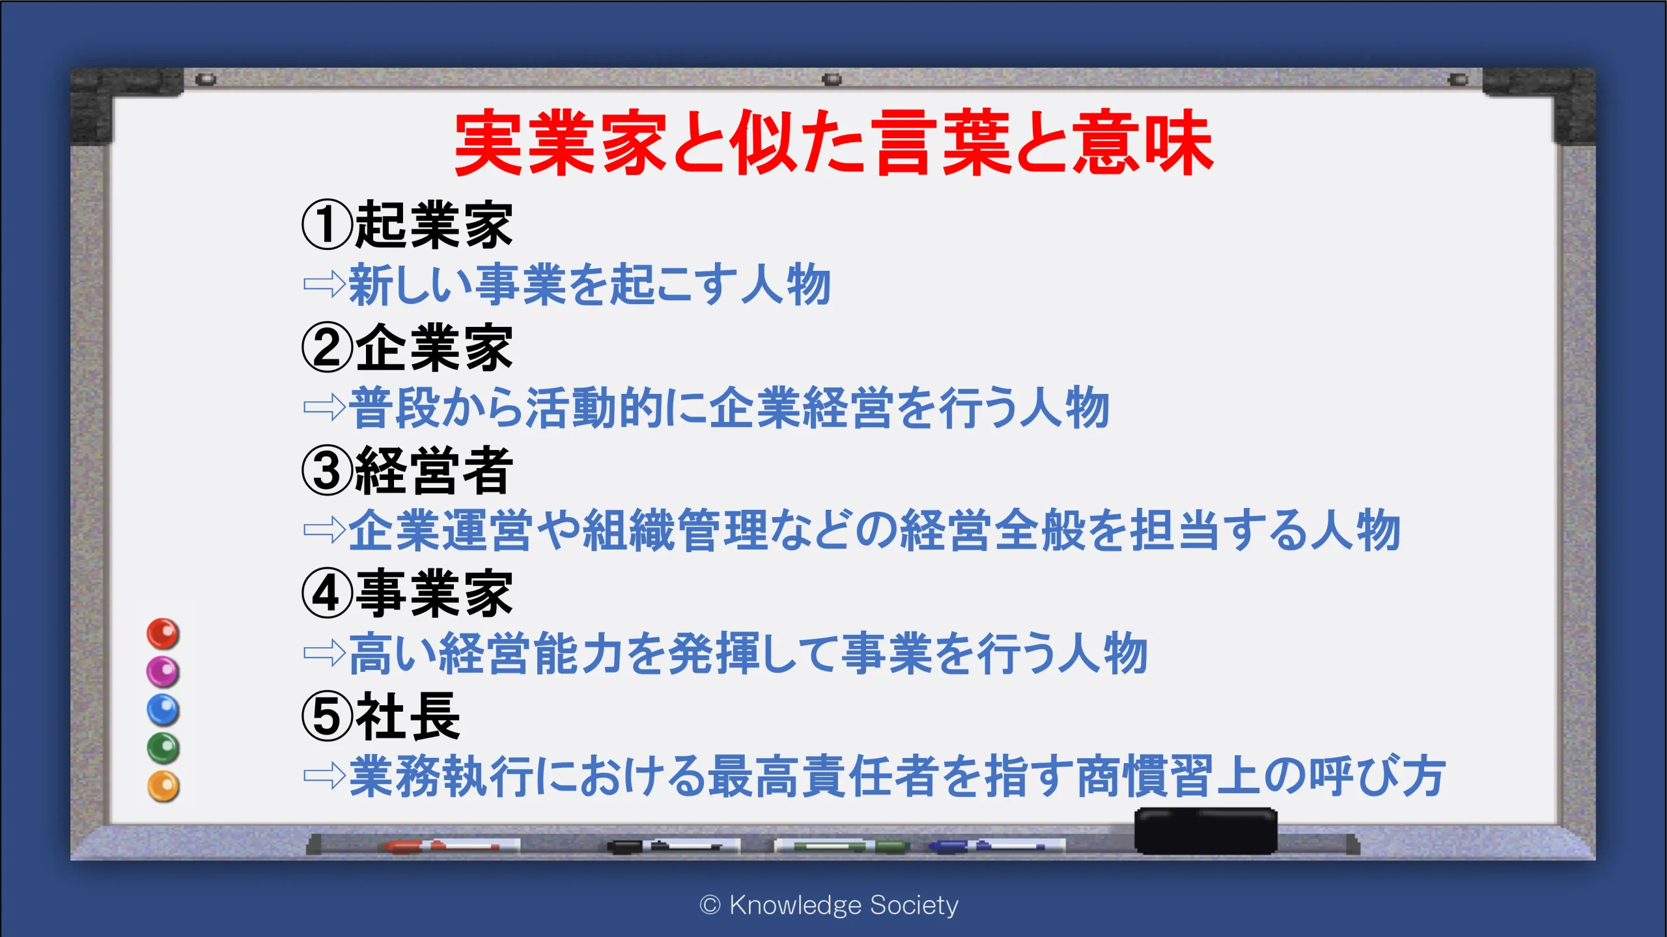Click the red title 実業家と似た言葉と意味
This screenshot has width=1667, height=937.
coord(833,143)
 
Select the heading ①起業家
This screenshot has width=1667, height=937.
coord(408,225)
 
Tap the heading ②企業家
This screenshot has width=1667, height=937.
coord(408,348)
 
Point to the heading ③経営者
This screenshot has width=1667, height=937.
coord(408,471)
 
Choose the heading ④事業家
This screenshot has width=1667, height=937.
coord(408,593)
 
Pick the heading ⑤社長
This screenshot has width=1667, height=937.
coord(381,716)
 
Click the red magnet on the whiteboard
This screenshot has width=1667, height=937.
coord(163,634)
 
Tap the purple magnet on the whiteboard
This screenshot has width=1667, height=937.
coord(163,671)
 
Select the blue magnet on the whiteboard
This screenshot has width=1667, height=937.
coord(163,710)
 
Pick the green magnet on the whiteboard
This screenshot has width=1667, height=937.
coord(163,748)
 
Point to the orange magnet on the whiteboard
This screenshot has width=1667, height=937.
coord(163,786)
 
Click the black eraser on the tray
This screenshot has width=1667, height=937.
coord(1206,831)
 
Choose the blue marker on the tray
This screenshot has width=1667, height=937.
coord(996,846)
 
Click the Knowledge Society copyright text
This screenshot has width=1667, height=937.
coord(829,905)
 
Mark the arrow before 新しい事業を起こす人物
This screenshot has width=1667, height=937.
coord(324,284)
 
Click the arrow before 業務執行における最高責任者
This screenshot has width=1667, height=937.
coord(324,775)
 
